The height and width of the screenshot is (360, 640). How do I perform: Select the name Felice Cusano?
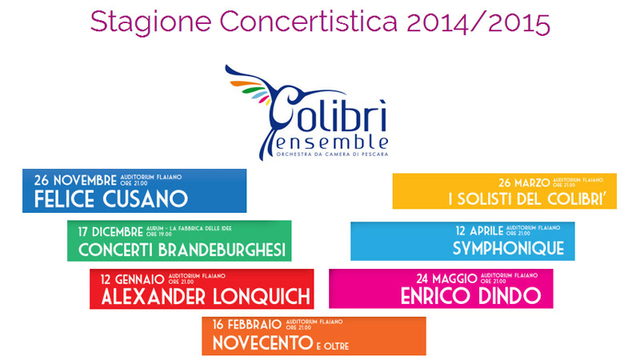pos(110,198)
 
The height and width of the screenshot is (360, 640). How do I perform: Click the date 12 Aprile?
pos(478,230)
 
